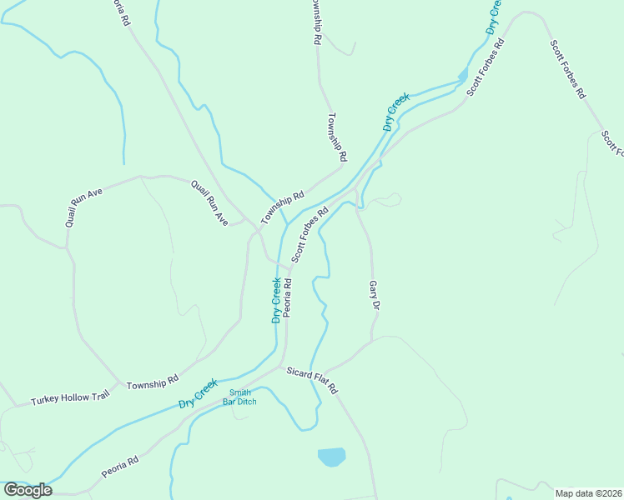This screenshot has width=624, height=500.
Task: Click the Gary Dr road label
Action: tap(375, 295)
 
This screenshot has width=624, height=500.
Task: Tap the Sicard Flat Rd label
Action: tap(311, 380)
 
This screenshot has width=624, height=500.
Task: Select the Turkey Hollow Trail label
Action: tap(71, 398)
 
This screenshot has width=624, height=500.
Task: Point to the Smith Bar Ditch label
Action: tap(239, 397)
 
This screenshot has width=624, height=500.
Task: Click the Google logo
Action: tap(28, 489)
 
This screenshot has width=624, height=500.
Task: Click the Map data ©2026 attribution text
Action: tap(588, 492)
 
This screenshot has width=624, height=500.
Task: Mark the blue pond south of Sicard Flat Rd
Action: tap(331, 457)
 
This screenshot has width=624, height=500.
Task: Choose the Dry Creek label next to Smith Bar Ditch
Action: tap(197, 394)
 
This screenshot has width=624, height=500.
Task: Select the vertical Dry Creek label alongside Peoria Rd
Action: tap(276, 300)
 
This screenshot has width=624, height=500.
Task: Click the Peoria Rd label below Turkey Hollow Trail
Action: tap(119, 466)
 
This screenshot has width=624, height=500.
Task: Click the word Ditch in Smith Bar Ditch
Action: tap(246, 402)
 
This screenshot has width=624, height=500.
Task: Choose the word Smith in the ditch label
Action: tap(239, 392)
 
